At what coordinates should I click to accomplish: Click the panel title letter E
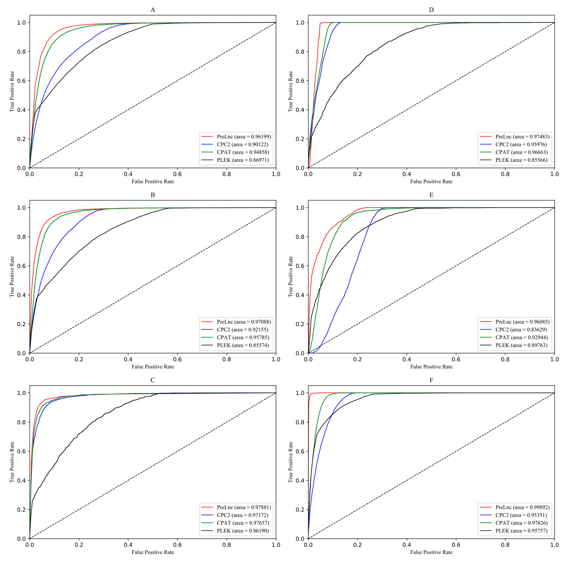point(431,195)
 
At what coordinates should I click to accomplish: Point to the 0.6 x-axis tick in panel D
point(456,174)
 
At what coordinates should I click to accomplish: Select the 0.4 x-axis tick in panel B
point(128,359)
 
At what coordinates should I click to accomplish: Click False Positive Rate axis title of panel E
point(431,367)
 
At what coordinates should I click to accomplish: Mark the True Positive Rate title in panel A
point(12,91)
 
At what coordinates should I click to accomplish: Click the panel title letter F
point(431,380)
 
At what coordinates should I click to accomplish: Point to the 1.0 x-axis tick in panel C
point(276,545)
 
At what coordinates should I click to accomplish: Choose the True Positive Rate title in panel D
point(291,91)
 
